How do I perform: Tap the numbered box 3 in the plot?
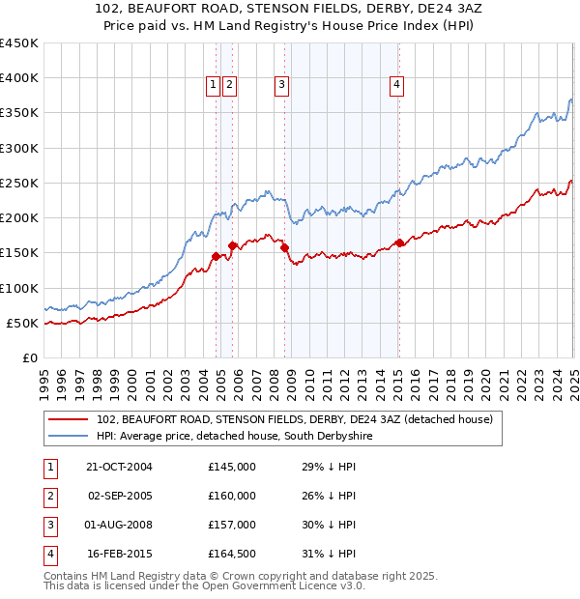(x=281, y=85)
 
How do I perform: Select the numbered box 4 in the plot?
(x=397, y=85)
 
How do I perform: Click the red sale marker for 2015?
(x=399, y=242)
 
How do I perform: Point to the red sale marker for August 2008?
(x=285, y=248)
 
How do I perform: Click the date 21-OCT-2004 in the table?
(x=120, y=467)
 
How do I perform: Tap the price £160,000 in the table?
(x=232, y=496)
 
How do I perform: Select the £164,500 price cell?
(x=232, y=554)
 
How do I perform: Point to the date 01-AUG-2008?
(x=120, y=525)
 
